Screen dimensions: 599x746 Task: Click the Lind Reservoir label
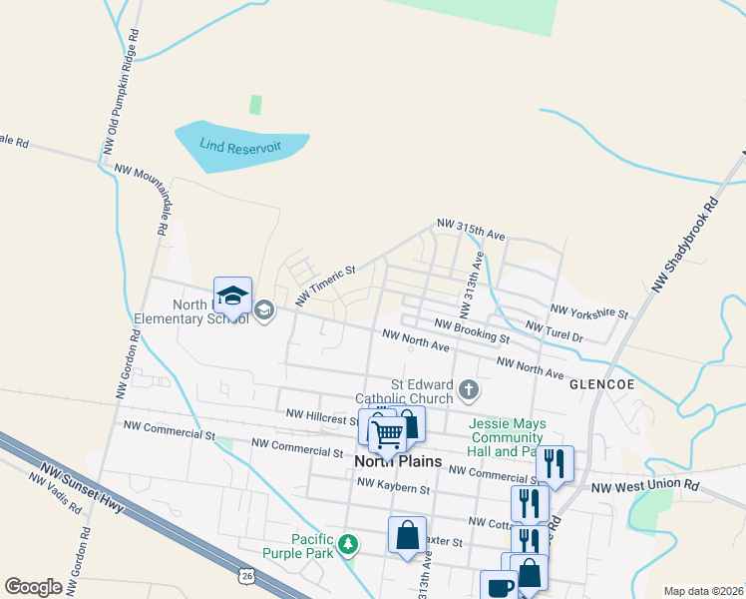[239, 147]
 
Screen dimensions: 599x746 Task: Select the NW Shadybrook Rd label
[685, 244]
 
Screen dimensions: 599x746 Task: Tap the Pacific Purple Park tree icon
[347, 544]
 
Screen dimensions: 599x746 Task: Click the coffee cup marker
[499, 586]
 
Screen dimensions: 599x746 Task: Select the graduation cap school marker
[232, 296]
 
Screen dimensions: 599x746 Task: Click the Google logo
[33, 587]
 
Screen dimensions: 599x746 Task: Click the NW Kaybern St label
[393, 489]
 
